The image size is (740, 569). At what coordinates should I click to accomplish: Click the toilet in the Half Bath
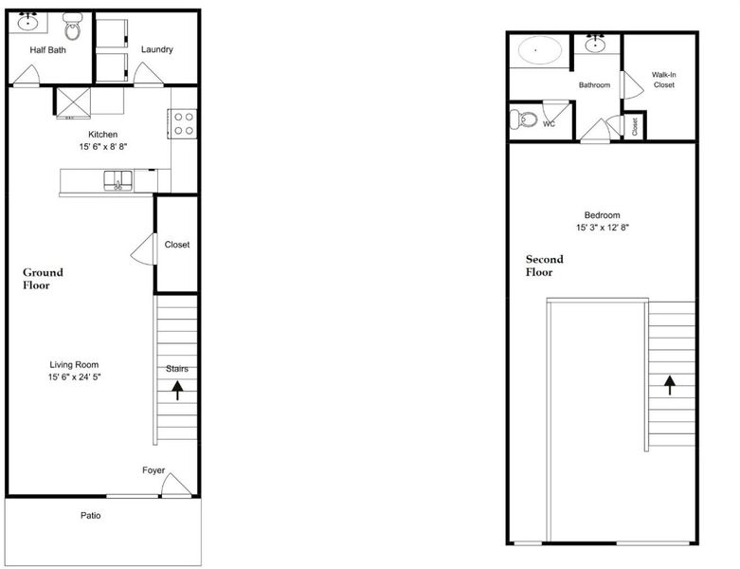click(72, 27)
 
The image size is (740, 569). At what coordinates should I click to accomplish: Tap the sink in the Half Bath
click(28, 22)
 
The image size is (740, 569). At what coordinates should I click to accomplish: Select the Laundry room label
click(156, 49)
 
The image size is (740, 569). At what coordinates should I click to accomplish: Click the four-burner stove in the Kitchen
click(183, 123)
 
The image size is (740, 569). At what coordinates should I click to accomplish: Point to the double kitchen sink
click(118, 181)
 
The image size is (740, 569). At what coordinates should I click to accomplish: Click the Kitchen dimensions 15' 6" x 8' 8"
click(103, 147)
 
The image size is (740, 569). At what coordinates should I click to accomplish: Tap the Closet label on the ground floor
click(177, 245)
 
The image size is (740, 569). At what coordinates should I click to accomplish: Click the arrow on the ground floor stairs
click(177, 391)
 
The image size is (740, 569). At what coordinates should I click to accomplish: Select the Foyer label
click(153, 470)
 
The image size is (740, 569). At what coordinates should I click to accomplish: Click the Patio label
click(90, 516)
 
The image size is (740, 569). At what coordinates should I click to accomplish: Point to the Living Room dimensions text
click(74, 376)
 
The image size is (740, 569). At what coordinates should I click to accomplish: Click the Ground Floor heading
click(43, 279)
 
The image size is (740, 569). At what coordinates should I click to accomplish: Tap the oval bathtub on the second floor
click(540, 49)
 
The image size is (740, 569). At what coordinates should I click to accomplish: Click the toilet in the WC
click(524, 119)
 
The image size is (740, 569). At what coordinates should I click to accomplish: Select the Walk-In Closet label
click(663, 80)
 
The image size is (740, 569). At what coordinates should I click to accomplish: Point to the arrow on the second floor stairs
click(670, 385)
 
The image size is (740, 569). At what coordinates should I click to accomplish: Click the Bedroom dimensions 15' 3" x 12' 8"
click(603, 228)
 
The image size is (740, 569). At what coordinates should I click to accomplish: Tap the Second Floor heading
click(545, 266)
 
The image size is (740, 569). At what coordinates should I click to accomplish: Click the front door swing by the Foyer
click(175, 485)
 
